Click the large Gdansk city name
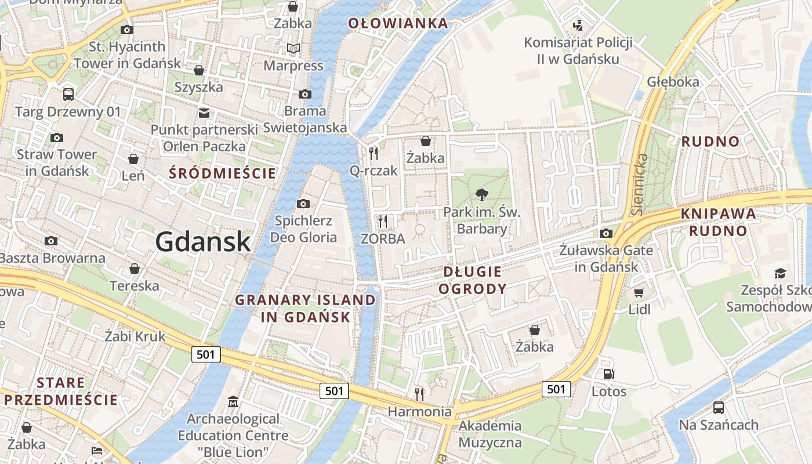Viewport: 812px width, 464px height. point(203,241)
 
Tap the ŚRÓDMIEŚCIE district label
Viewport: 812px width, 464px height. point(223,173)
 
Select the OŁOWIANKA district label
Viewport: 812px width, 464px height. point(398,23)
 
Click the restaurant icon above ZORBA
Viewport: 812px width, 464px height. point(382,222)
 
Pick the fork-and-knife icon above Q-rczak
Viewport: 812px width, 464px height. point(374,154)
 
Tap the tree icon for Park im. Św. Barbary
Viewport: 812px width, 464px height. point(481,195)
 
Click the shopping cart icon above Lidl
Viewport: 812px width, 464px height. point(639,293)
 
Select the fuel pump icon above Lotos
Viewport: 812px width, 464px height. point(608,375)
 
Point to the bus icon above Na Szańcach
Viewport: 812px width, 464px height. point(719,408)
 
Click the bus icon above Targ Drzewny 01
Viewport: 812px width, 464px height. point(68,94)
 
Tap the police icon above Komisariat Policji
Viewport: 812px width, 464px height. point(578,26)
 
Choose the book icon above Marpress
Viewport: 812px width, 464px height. point(293,49)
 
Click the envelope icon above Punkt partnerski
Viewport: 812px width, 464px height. point(204,113)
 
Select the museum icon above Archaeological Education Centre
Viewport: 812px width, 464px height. point(233,401)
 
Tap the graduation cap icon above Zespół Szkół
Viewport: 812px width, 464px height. point(780,273)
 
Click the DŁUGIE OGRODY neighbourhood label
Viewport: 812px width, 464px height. point(472,280)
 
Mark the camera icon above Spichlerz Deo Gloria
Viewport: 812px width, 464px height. point(303,204)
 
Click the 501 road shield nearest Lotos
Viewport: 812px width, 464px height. point(556,389)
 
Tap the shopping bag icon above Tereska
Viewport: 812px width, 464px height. point(135,269)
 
